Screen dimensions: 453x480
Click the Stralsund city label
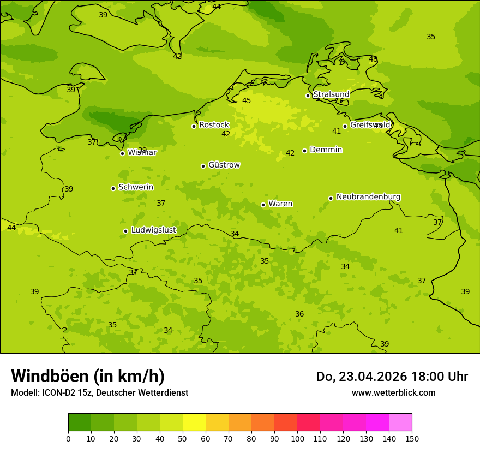(331, 94)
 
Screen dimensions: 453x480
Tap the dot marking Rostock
(194, 126)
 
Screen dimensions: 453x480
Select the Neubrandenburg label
(368, 197)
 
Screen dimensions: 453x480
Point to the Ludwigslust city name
(153, 230)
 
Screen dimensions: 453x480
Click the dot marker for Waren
(263, 205)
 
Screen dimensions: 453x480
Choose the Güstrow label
(224, 165)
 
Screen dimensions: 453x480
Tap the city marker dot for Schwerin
(113, 188)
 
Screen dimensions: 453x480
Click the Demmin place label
(326, 150)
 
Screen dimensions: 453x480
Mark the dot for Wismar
(122, 153)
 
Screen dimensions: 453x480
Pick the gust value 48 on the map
(373, 59)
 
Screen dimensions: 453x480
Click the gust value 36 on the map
(299, 314)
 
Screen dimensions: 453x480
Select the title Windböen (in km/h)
(88, 376)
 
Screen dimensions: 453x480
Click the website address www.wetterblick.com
(393, 393)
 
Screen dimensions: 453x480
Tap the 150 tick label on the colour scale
(412, 439)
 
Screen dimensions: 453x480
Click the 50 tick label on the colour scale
(183, 439)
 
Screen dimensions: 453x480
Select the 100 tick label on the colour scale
(297, 439)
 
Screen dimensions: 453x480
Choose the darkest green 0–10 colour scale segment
(80, 422)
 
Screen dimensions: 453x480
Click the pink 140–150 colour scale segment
(400, 422)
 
